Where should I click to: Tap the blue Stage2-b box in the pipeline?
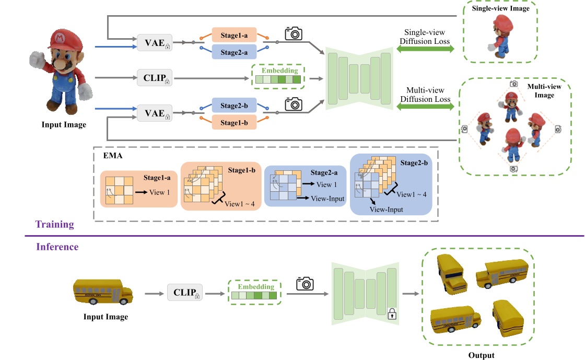(x=237, y=106)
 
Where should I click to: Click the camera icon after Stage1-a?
(x=294, y=33)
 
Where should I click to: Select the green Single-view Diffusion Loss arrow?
(x=425, y=49)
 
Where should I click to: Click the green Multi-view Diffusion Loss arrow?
(x=425, y=107)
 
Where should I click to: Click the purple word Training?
(x=54, y=224)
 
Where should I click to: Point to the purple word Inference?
(x=57, y=246)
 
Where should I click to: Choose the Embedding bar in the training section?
(x=277, y=80)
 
